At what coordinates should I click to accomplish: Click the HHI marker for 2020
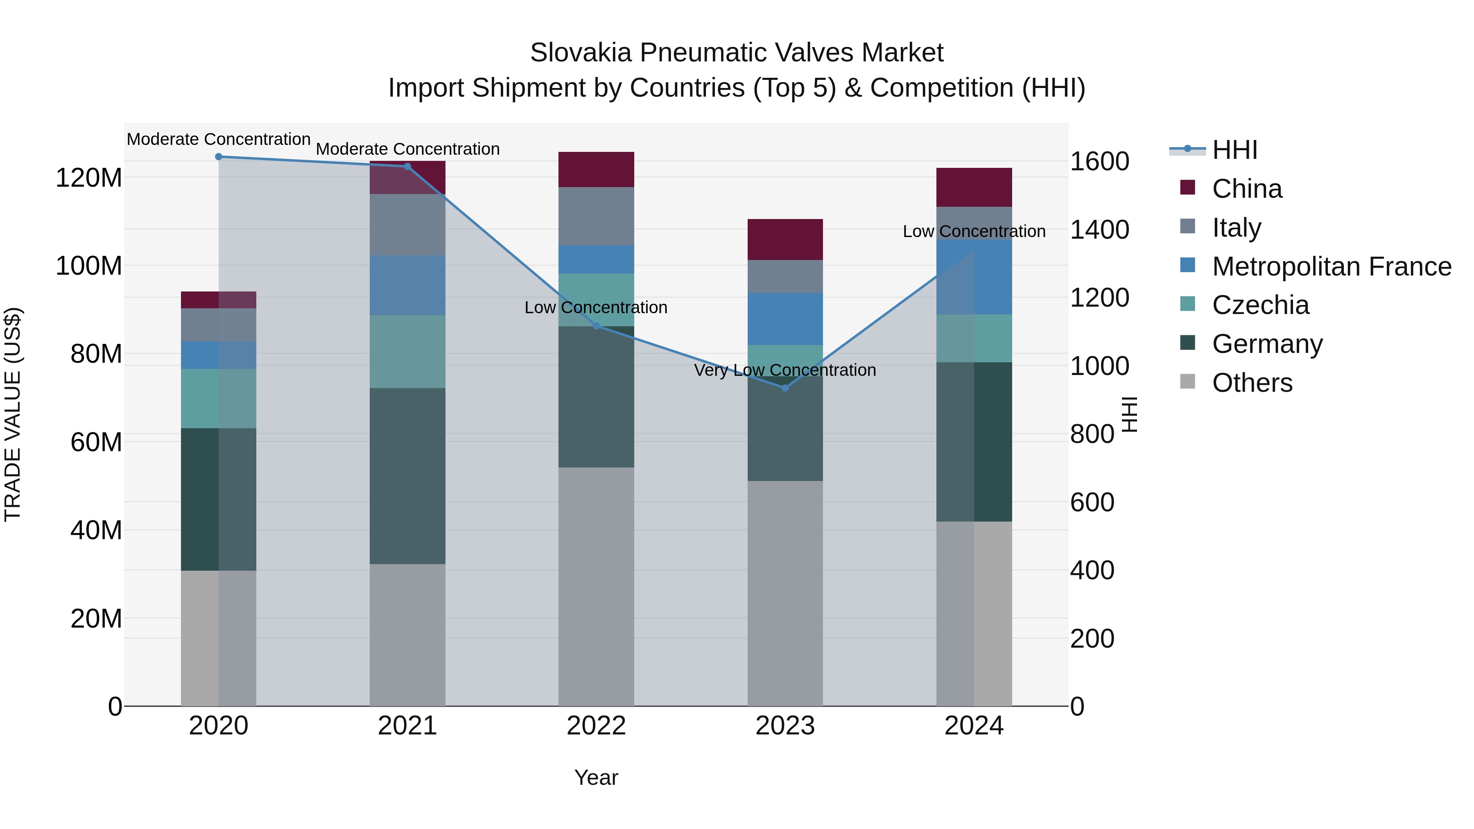tap(219, 157)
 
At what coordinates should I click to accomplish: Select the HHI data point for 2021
tap(407, 167)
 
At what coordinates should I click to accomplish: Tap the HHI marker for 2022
tap(596, 326)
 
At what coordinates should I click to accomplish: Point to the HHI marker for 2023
tap(785, 388)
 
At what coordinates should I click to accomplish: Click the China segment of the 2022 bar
tap(596, 169)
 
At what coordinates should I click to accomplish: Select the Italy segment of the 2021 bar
tap(407, 225)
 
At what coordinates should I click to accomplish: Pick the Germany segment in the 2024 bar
tap(974, 442)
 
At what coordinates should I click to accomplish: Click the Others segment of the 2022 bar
tap(596, 586)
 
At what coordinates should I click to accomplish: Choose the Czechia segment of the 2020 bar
tap(219, 398)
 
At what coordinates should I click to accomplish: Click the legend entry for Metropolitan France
tap(1331, 267)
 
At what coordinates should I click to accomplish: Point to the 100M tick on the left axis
tap(89, 266)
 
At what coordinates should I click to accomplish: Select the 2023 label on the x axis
tap(785, 726)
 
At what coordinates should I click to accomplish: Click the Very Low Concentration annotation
tap(785, 370)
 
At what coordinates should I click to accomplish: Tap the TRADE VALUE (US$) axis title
tap(13, 414)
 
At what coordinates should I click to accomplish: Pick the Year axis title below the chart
tap(596, 777)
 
